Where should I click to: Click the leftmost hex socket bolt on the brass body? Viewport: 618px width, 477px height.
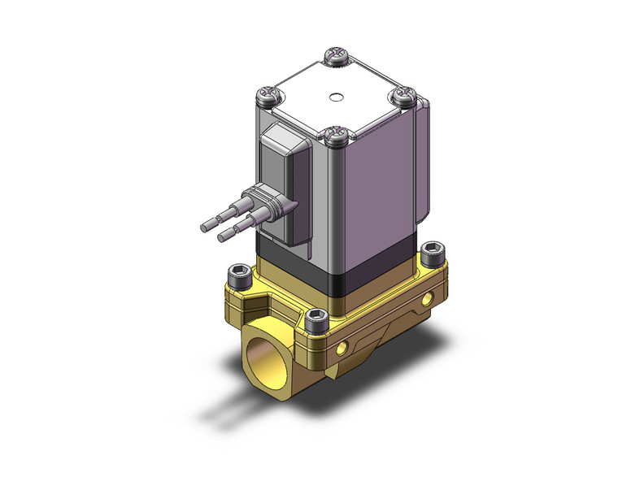tap(238, 275)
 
